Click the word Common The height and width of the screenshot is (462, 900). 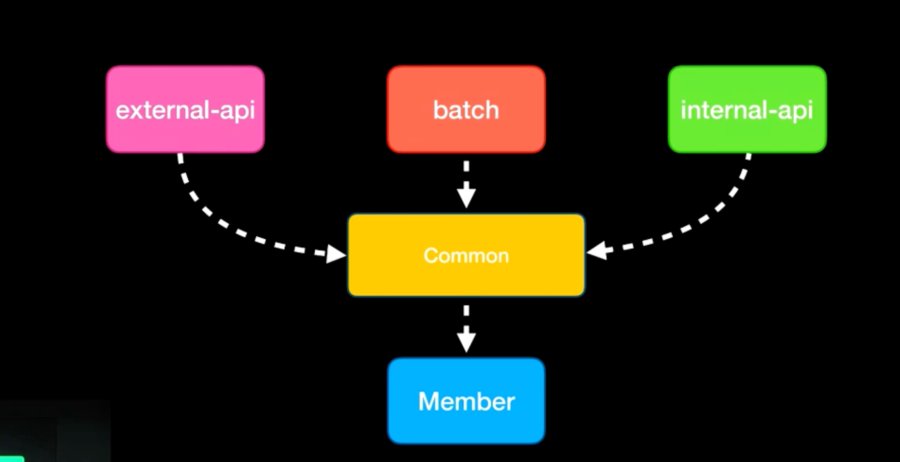tap(466, 256)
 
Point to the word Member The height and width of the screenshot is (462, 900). tap(466, 402)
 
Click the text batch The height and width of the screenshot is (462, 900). tap(466, 110)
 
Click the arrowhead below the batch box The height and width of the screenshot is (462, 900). tap(466, 197)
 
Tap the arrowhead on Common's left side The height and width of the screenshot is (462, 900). tap(336, 254)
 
